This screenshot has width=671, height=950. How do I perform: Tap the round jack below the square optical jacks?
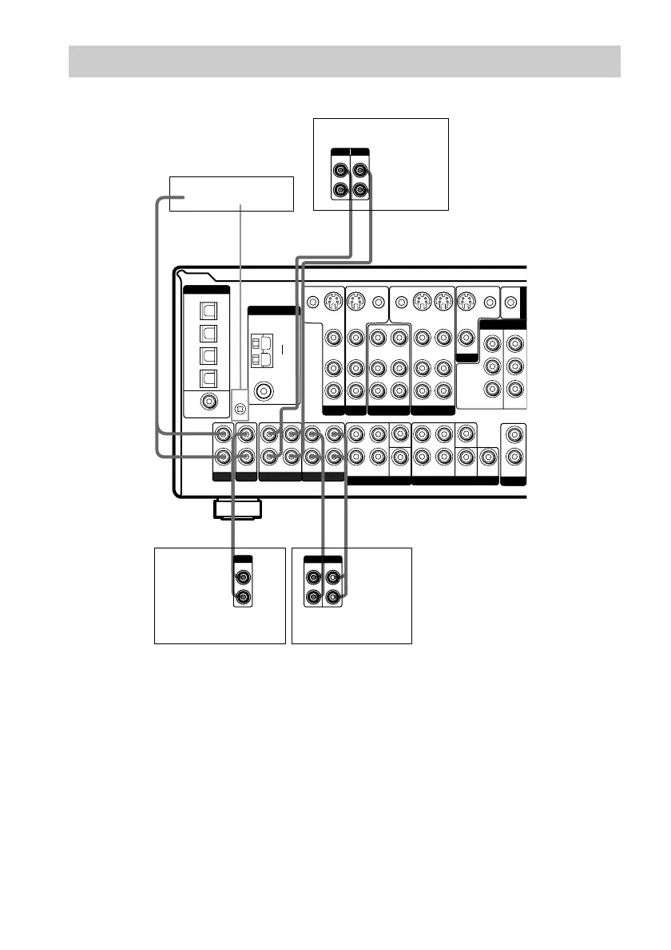pos(208,403)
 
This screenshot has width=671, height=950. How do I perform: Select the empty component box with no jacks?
pos(232,193)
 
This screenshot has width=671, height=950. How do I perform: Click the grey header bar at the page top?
pos(344,61)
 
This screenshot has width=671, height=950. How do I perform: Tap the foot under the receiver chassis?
pos(236,509)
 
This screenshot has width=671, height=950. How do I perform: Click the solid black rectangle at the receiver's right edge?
pos(523,303)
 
